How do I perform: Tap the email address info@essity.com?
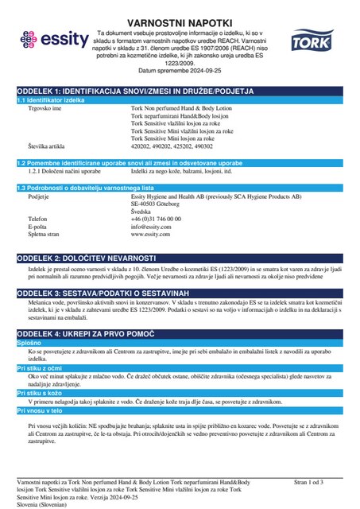pyautogui.click(x=150, y=226)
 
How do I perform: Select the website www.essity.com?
pyautogui.click(x=151, y=235)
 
